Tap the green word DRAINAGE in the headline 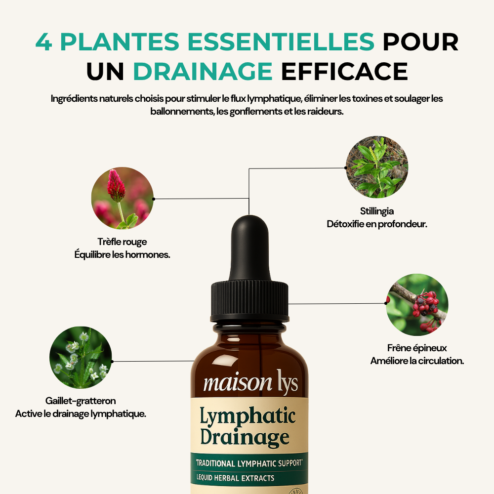203,71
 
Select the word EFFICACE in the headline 344,71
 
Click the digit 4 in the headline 43,42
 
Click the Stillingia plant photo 377,167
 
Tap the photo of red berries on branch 417,305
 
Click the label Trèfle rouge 122,242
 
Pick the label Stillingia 377,211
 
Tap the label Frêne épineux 417,348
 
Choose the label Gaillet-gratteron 81,401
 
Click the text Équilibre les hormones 122,255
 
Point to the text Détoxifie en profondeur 377,224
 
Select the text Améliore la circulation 417,361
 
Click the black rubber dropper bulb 249,242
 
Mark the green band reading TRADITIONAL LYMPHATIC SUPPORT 249,464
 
